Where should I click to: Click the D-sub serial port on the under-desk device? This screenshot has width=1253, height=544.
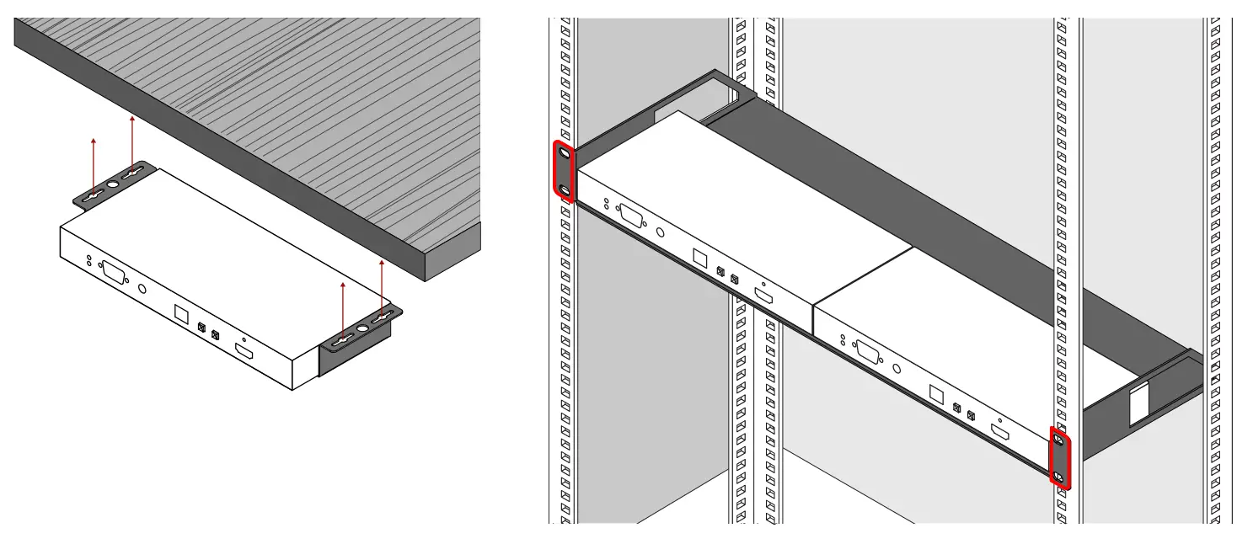click(114, 275)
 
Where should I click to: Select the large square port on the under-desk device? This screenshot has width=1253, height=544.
click(181, 313)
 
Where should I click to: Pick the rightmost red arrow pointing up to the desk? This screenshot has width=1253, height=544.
click(382, 286)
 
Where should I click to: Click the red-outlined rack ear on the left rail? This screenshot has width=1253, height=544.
click(564, 173)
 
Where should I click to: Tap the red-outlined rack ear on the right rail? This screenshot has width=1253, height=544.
click(1060, 457)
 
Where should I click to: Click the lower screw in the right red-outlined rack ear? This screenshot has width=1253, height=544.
click(1060, 477)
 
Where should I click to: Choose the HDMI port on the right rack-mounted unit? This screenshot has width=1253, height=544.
click(999, 433)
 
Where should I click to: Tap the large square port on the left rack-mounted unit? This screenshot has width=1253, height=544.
click(699, 258)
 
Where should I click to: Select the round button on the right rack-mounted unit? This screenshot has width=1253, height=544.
click(897, 368)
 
